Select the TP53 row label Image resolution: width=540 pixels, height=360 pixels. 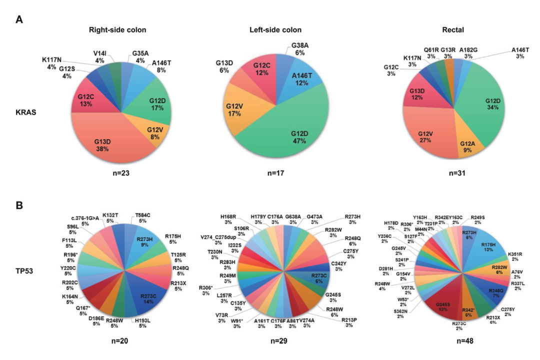click(x=23, y=274)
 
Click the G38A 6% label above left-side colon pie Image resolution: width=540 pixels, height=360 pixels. click(x=301, y=48)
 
